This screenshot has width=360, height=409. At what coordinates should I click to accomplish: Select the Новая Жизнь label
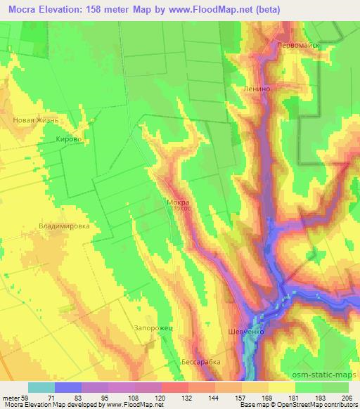(x=39, y=120)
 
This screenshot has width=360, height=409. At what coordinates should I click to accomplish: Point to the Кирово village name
(x=69, y=140)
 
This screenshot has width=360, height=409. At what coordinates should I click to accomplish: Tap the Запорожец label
(x=153, y=328)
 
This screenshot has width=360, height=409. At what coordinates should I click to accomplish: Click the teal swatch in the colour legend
(x=41, y=387)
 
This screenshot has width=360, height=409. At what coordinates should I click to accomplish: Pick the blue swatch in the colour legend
(x=68, y=387)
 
